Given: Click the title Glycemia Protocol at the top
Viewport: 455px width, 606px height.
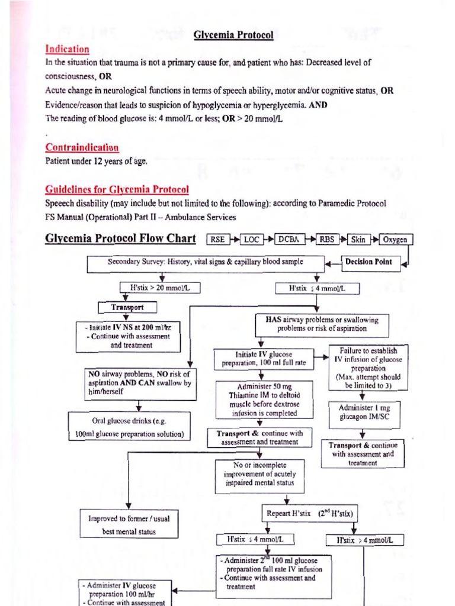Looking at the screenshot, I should [x=233, y=35].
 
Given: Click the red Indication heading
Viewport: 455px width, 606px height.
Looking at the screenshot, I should [x=67, y=49].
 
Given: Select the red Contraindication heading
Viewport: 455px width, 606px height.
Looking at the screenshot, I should [x=82, y=147].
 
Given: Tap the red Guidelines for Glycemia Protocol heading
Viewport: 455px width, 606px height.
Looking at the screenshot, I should [x=117, y=189].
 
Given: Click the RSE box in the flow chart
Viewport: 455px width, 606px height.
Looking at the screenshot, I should [x=217, y=239].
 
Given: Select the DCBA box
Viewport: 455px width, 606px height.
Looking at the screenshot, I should [x=289, y=239].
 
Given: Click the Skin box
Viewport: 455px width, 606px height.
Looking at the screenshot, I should [x=358, y=239].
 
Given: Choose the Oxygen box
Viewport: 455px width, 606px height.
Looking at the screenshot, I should [x=395, y=239].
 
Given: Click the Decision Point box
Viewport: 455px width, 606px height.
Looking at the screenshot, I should [x=372, y=262].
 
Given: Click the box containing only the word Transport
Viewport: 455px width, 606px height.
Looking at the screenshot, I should [x=127, y=307].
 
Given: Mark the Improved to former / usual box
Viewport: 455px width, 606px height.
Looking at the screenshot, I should [x=129, y=524].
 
